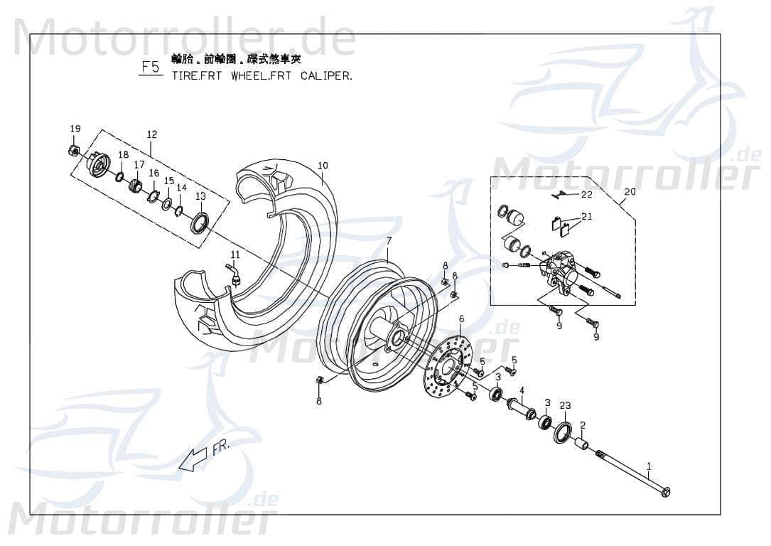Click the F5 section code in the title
click(x=151, y=68)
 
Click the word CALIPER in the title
click(x=325, y=75)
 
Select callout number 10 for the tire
click(x=323, y=166)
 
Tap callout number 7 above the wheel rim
click(x=389, y=240)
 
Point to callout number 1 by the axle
click(x=648, y=466)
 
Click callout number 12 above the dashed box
click(x=151, y=134)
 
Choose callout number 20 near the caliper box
click(x=630, y=191)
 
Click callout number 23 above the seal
click(x=565, y=405)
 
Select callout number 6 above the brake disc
click(x=461, y=318)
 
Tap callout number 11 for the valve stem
click(x=235, y=254)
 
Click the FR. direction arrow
click(x=195, y=458)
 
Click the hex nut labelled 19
click(x=72, y=150)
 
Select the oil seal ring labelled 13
click(x=200, y=223)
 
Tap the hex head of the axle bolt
click(x=665, y=492)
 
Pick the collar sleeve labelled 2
click(x=581, y=445)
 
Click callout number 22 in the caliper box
click(x=586, y=194)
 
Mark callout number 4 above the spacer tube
click(x=522, y=390)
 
